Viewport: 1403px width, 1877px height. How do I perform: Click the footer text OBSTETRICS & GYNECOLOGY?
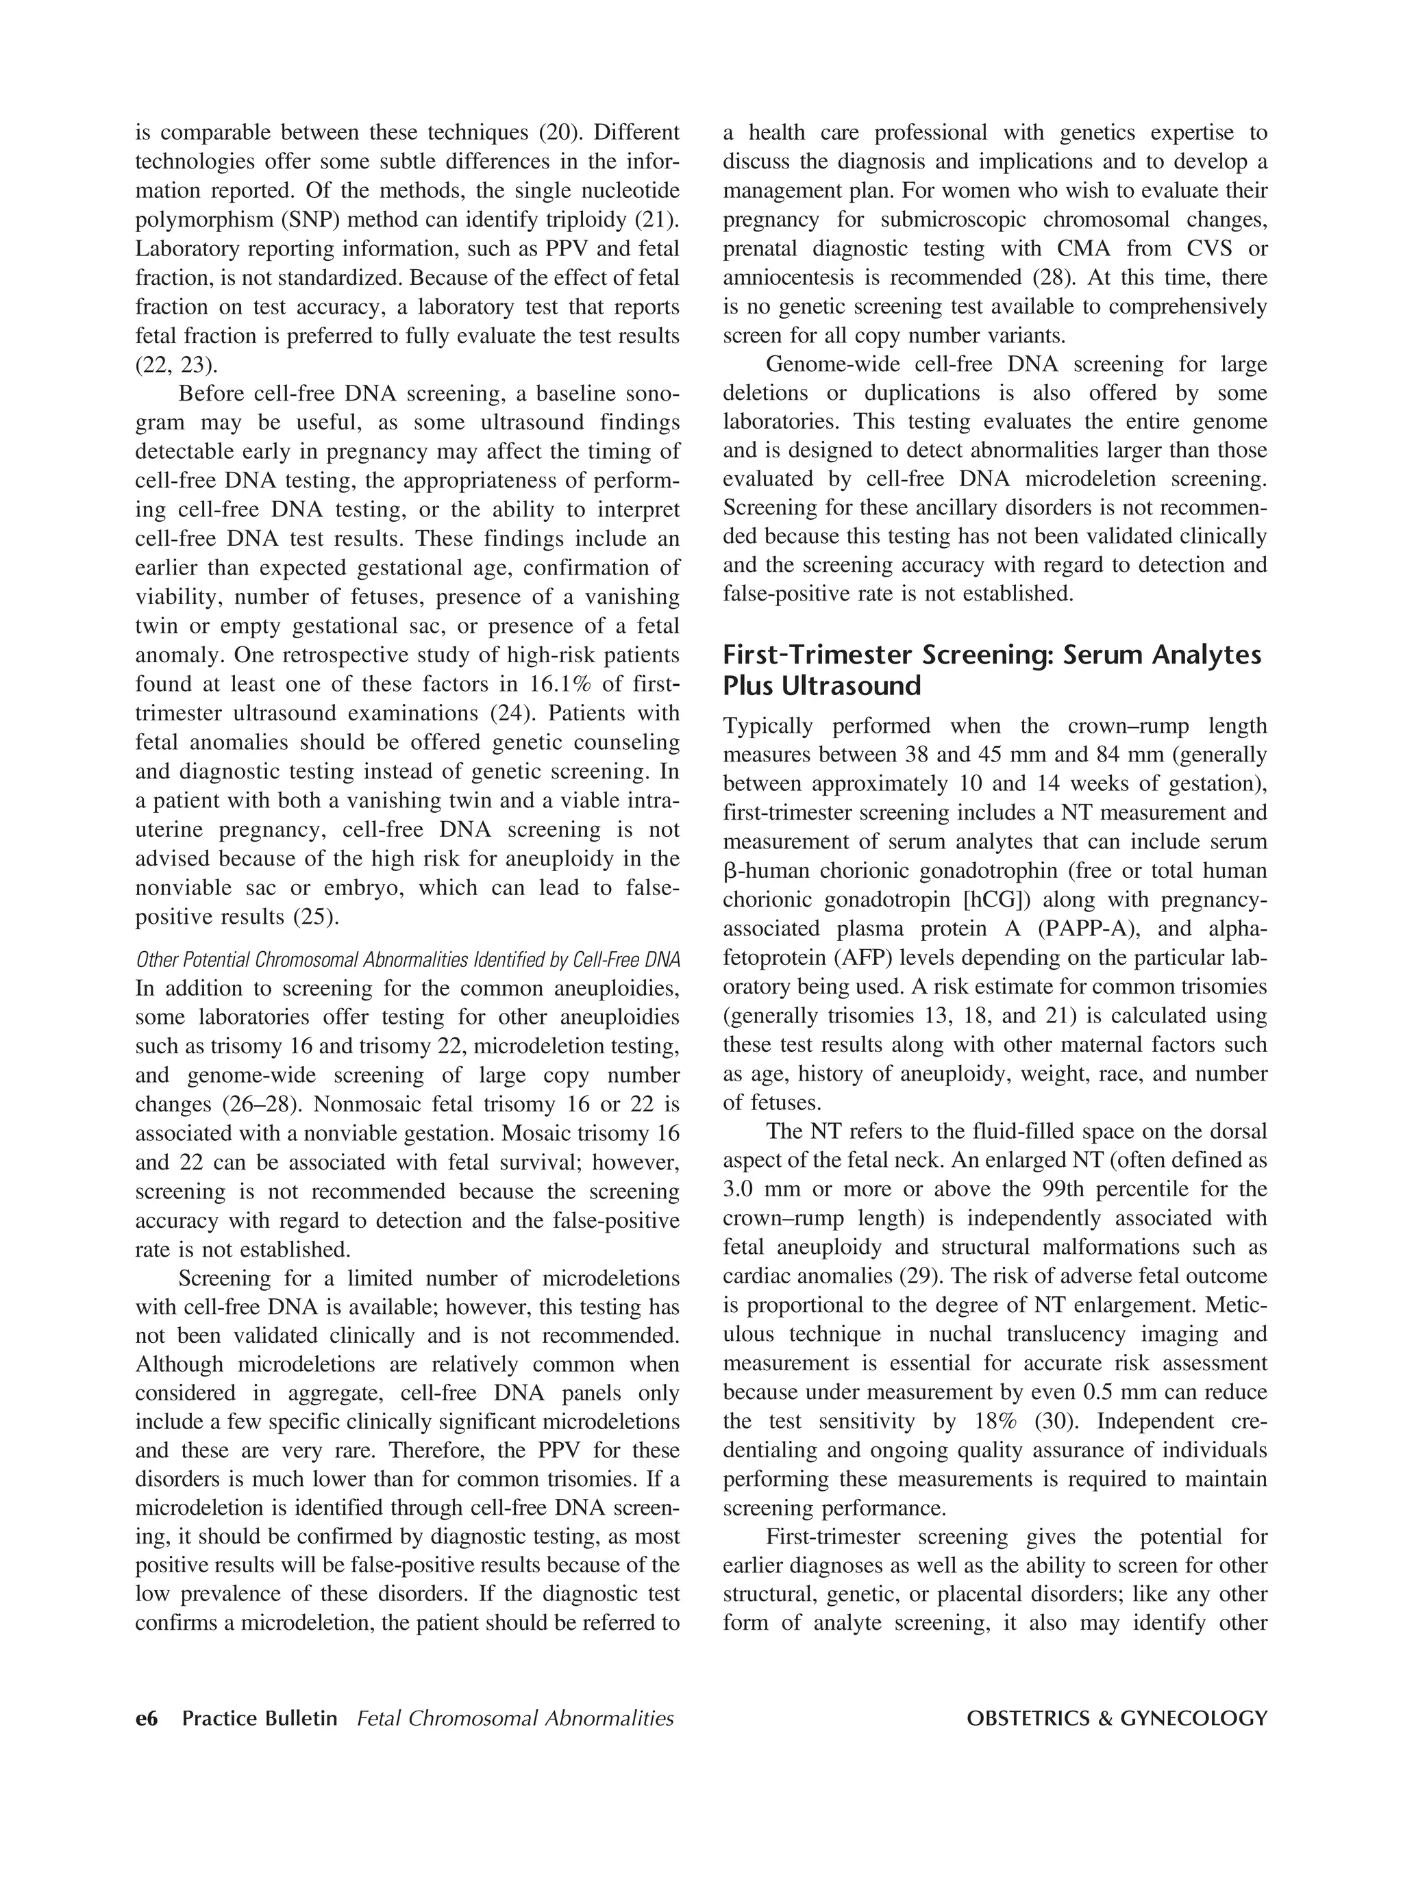(1116, 1718)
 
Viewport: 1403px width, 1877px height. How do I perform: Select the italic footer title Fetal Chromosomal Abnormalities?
(515, 1718)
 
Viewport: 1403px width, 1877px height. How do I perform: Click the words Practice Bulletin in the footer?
(260, 1718)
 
